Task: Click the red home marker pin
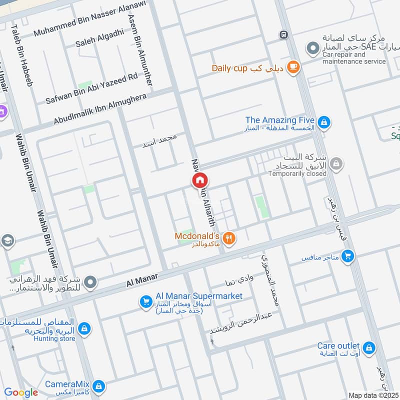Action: pyautogui.click(x=200, y=180)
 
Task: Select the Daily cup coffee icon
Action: pyautogui.click(x=293, y=67)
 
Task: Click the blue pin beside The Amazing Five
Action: pyautogui.click(x=324, y=122)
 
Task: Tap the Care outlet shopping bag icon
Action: pyautogui.click(x=369, y=348)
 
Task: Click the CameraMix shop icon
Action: pyautogui.click(x=99, y=386)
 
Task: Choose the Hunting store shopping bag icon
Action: pyautogui.click(x=85, y=328)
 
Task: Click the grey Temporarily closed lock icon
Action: pyautogui.click(x=336, y=163)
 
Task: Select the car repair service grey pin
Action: pyautogui.click(x=312, y=48)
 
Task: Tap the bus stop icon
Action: pyautogui.click(x=283, y=34)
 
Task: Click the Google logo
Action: pyautogui.click(x=20, y=392)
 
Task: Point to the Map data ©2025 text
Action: pyautogui.click(x=373, y=394)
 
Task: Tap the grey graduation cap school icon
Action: pyautogui.click(x=7, y=241)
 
